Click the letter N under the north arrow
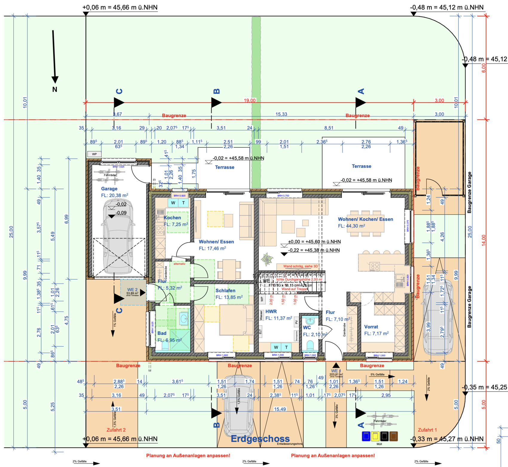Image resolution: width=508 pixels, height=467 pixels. tap(55, 89)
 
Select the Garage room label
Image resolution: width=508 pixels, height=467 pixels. tap(109, 189)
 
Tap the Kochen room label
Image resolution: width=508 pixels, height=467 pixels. tap(172, 218)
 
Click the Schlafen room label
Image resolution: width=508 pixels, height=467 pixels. tap(225, 291)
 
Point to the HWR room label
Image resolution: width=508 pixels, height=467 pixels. tap(271, 312)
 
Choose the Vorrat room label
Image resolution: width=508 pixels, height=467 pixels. tap(371, 327)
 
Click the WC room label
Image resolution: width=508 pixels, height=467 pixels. tap(307, 327)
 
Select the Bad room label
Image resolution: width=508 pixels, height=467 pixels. tap(162, 333)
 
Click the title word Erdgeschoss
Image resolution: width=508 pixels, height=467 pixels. tap(260, 439)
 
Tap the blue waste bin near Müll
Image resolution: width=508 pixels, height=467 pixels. tap(366, 436)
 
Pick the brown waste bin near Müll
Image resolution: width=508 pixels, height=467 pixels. tap(394, 436)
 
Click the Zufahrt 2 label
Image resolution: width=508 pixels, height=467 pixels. tap(116, 430)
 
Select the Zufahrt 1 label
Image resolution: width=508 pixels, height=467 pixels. tap(427, 430)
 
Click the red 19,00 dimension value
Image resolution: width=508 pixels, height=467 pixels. tap(250, 100)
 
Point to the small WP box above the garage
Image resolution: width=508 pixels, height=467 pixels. tap(94, 154)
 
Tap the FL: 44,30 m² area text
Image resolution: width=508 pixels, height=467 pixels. tap(351, 226)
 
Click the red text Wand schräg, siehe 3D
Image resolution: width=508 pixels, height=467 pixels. tap(300, 266)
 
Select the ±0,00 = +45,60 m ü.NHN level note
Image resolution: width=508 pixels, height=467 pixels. tap(314, 242)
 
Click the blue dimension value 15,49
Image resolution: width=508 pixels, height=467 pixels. tap(280, 409)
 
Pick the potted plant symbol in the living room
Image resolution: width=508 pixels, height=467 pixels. tap(267, 259)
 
